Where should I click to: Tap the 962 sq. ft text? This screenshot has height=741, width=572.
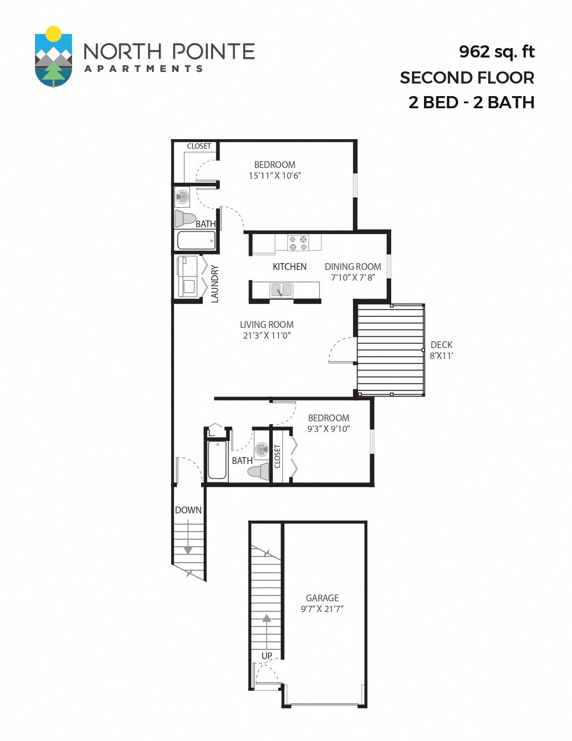pyautogui.click(x=496, y=52)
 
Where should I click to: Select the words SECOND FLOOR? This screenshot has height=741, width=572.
pyautogui.click(x=467, y=78)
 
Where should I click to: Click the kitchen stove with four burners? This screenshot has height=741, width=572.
pyautogui.click(x=298, y=243)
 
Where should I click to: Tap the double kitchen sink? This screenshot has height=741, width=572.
pyautogui.click(x=281, y=290)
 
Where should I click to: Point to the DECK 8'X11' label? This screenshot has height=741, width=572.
pyautogui.click(x=441, y=350)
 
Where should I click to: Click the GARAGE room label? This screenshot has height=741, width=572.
pyautogui.click(x=322, y=598)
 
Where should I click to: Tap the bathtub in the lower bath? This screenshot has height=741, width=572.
pyautogui.click(x=217, y=460)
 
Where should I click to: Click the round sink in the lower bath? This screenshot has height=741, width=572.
pyautogui.click(x=262, y=449)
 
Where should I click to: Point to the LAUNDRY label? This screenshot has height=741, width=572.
pyautogui.click(x=215, y=283)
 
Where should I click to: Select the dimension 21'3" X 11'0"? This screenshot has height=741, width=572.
pyautogui.click(x=267, y=335)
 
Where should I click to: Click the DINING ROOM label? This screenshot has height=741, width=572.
pyautogui.click(x=353, y=266)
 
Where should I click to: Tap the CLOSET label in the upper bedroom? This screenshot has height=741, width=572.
pyautogui.click(x=199, y=146)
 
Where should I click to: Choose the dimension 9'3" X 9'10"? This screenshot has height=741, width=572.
pyautogui.click(x=328, y=429)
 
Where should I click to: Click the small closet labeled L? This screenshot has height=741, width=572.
pyautogui.click(x=211, y=433)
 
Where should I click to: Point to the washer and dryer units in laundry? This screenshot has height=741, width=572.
pyautogui.click(x=188, y=276)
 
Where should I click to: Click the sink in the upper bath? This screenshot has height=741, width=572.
pyautogui.click(x=182, y=196)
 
